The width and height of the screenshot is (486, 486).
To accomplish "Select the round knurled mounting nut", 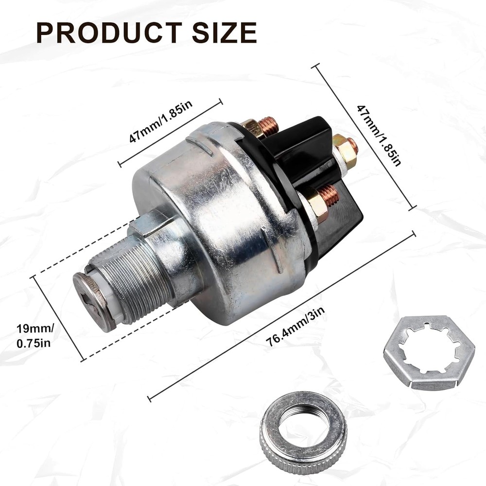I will coord(303,431).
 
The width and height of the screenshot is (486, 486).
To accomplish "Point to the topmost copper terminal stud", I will coord(269,125).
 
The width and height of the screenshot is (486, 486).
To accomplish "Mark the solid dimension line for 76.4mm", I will coord(282,316).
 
